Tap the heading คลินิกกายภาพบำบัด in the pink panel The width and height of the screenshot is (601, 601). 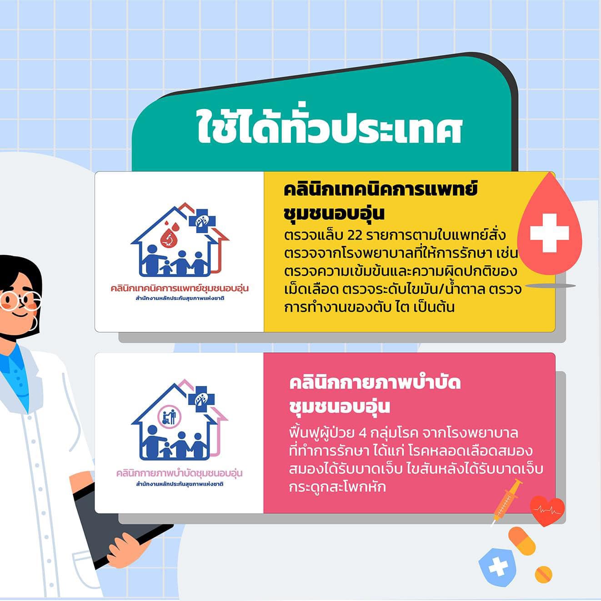pos(375,383)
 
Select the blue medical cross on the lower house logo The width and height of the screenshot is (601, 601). pos(201,400)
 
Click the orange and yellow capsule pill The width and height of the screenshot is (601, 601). pos(522,541)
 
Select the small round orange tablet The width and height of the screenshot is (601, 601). pos(544,574)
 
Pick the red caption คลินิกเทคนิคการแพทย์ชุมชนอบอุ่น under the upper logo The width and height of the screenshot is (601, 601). pos(180,288)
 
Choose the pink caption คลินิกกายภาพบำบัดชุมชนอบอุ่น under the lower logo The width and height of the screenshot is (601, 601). pos(179,473)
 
